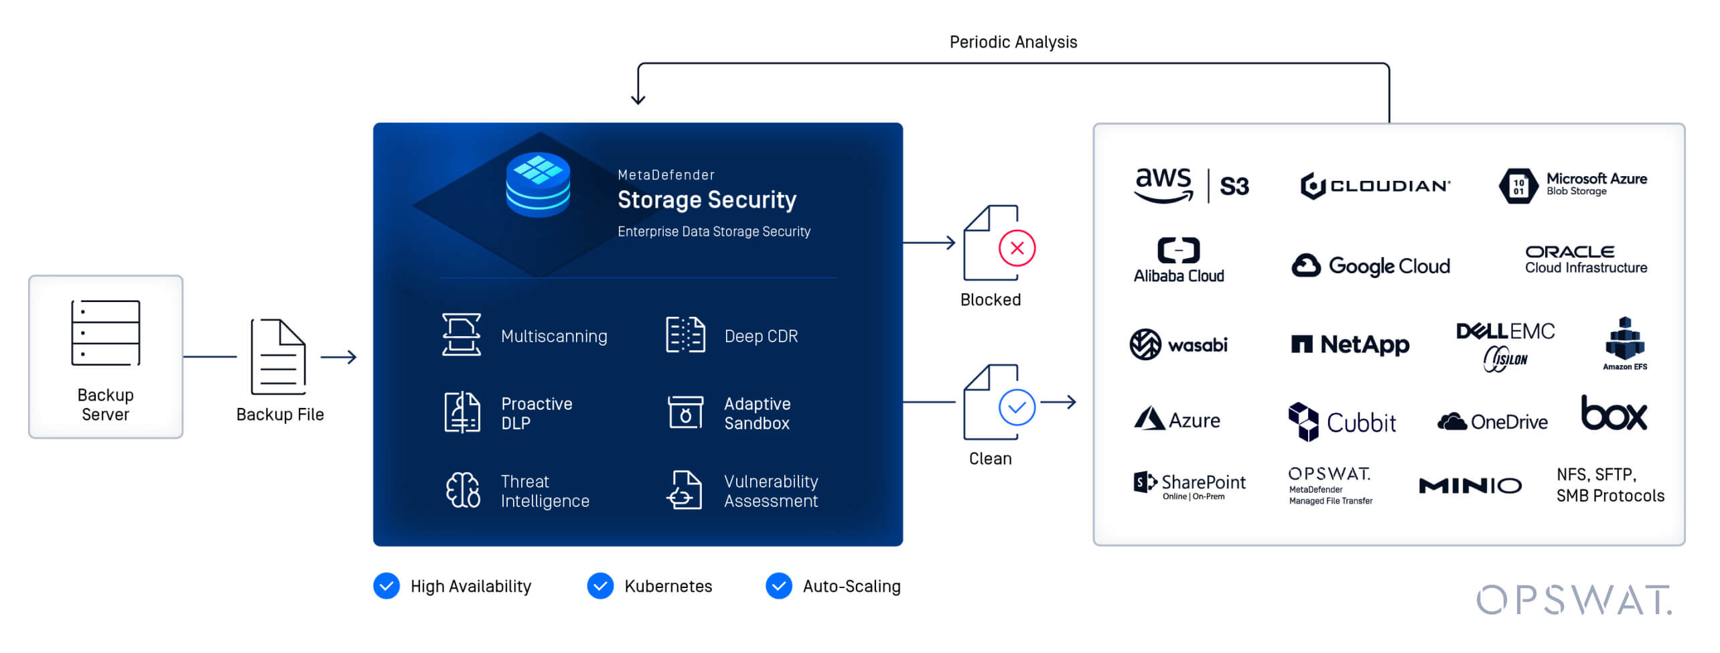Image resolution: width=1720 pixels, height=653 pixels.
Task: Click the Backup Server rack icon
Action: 106,333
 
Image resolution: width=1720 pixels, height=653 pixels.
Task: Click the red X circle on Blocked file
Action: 1016,248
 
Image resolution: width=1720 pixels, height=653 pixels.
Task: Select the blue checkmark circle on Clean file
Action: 1016,407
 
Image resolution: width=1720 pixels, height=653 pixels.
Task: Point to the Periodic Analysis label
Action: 1013,42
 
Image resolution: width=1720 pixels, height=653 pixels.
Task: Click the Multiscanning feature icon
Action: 461,335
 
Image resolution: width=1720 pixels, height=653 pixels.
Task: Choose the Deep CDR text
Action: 761,336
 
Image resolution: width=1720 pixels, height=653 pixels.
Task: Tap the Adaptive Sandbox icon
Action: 685,412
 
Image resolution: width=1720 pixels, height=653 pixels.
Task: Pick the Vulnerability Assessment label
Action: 770,491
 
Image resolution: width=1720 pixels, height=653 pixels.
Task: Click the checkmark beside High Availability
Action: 386,586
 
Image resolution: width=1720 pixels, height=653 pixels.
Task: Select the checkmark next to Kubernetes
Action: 600,586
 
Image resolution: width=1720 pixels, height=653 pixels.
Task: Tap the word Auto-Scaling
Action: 851,587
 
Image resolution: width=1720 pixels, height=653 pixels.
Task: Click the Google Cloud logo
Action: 1370,266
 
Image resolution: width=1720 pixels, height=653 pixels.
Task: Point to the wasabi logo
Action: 1178,345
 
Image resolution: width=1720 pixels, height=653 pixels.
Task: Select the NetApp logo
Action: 1350,344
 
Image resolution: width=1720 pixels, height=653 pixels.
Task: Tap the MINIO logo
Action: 1470,486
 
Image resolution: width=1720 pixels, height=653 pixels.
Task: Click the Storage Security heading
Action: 707,200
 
